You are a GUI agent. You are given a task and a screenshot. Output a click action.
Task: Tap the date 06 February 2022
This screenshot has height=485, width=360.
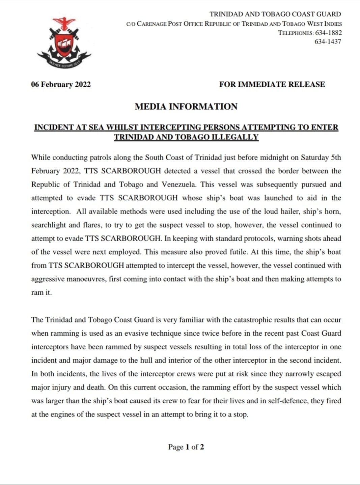(61, 84)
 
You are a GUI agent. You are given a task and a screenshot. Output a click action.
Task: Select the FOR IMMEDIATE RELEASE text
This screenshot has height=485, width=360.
(272, 84)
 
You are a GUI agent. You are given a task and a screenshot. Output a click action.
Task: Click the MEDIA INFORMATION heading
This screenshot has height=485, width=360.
(186, 107)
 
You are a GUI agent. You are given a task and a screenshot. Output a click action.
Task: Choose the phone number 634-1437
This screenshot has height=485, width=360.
(328, 41)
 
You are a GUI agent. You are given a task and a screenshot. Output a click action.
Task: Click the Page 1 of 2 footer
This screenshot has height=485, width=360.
(186, 447)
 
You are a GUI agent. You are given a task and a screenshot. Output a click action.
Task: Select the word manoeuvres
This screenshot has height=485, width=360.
(85, 279)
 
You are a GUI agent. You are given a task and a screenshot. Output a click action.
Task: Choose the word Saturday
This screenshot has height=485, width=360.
(314, 158)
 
